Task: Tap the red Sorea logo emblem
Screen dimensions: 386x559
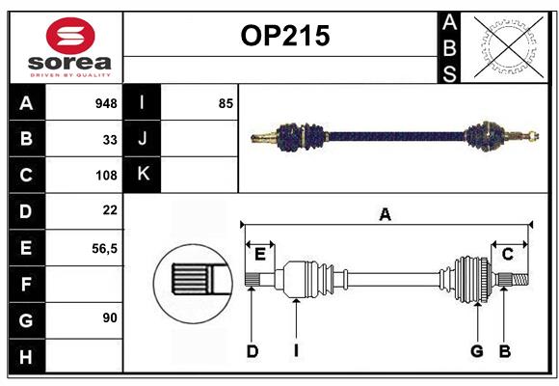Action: [70, 38]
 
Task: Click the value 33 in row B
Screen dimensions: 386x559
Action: [110, 139]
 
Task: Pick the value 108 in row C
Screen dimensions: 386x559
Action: [106, 176]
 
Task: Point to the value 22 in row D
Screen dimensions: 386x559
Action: [110, 210]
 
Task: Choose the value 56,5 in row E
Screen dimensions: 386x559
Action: [104, 248]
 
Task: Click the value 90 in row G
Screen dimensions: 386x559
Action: [110, 317]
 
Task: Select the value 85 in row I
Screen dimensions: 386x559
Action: [226, 103]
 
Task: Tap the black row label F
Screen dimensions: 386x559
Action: [26, 284]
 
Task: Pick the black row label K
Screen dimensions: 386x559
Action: [143, 175]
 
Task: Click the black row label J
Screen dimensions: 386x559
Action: [143, 139]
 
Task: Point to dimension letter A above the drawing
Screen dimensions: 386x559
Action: [385, 215]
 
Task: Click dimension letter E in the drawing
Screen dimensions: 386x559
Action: [260, 254]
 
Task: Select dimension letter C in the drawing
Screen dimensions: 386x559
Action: [507, 254]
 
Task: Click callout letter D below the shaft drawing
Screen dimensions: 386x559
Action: [252, 351]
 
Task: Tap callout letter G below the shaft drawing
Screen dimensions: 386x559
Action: [476, 351]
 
